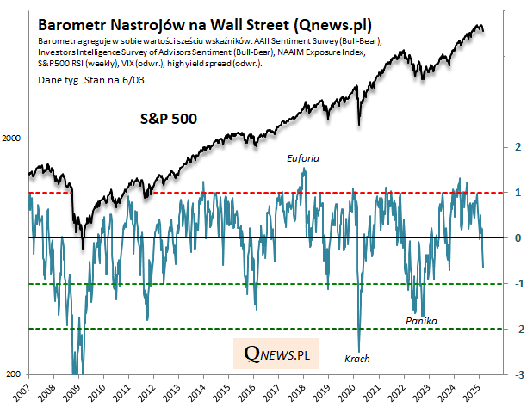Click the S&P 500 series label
pyautogui.click(x=170, y=119)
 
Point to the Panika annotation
pyautogui.click(x=421, y=321)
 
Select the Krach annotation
pyautogui.click(x=357, y=359)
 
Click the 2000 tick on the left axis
pyautogui.click(x=14, y=139)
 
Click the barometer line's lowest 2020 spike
pyautogui.click(x=358, y=350)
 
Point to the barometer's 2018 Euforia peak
pyautogui.click(x=304, y=169)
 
